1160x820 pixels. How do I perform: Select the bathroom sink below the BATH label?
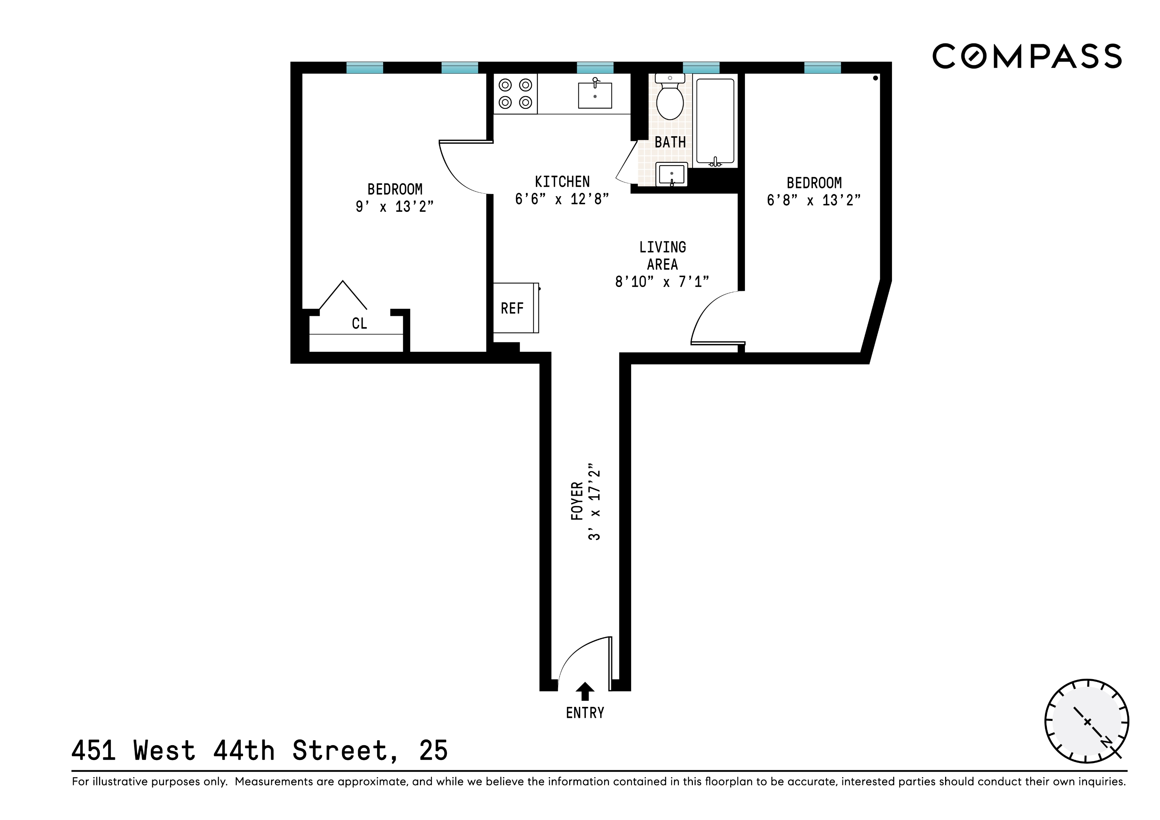click(x=671, y=174)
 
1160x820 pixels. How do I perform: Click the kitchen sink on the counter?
click(x=595, y=94)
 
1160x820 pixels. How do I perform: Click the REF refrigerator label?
click(x=512, y=308)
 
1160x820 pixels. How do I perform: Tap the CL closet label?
click(x=359, y=323)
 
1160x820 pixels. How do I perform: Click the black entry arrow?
click(x=585, y=691)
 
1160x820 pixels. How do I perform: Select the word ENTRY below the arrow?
click(x=585, y=713)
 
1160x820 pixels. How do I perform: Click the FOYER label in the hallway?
click(x=577, y=501)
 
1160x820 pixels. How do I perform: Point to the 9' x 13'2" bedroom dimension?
click(x=395, y=207)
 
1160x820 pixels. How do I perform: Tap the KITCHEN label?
click(x=562, y=181)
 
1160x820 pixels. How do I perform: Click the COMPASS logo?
click(x=1027, y=56)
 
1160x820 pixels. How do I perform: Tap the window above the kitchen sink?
click(x=595, y=68)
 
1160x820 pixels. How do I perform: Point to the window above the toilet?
click(x=701, y=68)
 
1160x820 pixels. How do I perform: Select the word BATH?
click(x=671, y=142)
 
